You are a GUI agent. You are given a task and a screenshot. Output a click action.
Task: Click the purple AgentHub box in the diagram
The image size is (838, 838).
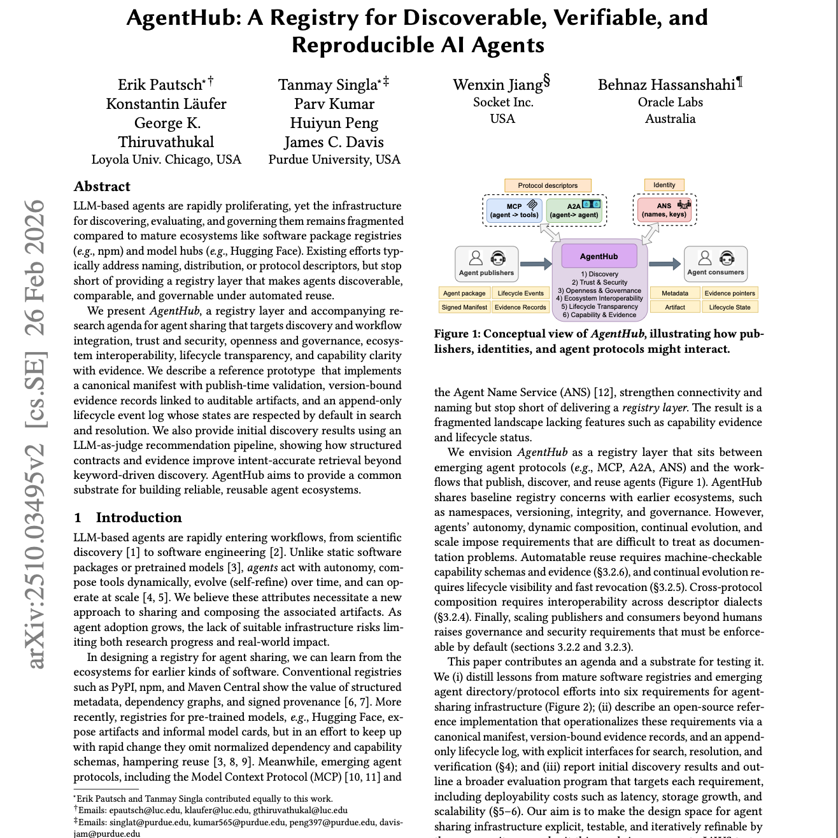[x=599, y=256]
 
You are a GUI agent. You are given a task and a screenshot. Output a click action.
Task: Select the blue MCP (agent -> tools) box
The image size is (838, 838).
[x=514, y=211]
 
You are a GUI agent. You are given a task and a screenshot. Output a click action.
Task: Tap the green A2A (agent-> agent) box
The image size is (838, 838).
[x=574, y=211]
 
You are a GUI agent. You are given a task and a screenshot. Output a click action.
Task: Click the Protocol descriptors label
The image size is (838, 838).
[x=548, y=185]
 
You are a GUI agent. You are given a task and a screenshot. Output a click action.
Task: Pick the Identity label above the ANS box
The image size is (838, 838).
[x=664, y=185]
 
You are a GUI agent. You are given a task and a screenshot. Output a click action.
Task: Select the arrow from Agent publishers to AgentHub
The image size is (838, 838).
[x=536, y=264]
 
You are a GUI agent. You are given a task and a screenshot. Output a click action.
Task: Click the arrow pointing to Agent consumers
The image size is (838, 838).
[x=665, y=264]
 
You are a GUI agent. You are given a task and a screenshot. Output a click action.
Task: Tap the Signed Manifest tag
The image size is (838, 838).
[x=464, y=307]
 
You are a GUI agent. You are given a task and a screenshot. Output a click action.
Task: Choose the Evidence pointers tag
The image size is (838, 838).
[x=730, y=294]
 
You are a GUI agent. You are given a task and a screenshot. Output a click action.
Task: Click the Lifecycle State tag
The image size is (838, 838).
[x=730, y=307]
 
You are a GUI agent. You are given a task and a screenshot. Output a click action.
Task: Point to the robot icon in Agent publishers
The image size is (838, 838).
[x=498, y=258]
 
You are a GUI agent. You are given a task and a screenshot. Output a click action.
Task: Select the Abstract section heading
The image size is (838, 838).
[x=102, y=187]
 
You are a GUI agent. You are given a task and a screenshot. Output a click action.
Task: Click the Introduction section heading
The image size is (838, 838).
[x=139, y=517]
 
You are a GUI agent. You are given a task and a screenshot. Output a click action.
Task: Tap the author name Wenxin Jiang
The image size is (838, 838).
[x=498, y=85]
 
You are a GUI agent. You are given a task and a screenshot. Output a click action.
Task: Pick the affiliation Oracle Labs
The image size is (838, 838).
[x=670, y=102]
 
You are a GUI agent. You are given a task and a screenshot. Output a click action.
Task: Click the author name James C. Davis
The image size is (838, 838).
[x=334, y=142]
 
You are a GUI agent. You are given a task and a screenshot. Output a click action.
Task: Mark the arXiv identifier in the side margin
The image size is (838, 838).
[x=37, y=433]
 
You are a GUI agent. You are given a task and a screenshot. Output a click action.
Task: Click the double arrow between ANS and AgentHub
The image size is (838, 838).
[x=650, y=234]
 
